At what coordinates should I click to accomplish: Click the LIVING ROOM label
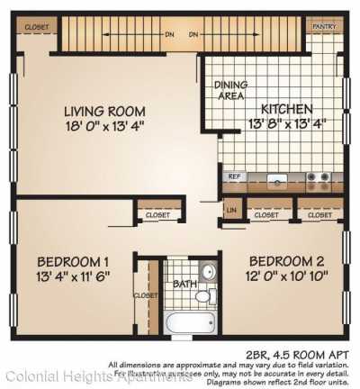click(x=104, y=111)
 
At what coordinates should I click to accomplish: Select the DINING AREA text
click(x=231, y=90)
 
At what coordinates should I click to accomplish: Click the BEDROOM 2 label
click(x=284, y=255)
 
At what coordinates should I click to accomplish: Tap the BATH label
click(x=182, y=285)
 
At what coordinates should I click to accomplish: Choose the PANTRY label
click(x=323, y=27)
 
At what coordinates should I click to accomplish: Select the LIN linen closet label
click(x=231, y=211)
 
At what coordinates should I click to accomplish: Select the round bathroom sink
click(x=207, y=272)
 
